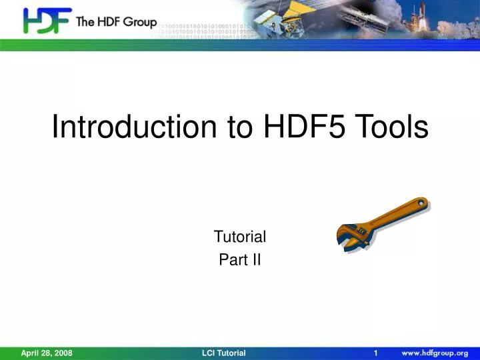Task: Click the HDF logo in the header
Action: pos(47,21)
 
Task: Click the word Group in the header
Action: pos(139,22)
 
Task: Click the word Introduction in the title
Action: pos(136,127)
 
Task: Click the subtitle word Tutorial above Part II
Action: pos(239,237)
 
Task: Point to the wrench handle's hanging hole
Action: pos(420,203)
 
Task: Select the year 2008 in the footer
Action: pos(62,353)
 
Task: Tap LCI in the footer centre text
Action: pos(209,353)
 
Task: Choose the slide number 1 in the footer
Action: pos(376,353)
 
